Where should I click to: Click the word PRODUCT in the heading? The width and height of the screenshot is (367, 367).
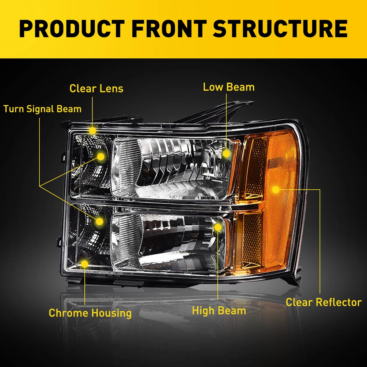72,29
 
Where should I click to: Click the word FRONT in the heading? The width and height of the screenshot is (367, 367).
169,29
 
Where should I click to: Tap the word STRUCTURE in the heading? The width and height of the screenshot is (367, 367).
280,29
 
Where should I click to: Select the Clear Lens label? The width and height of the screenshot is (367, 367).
96,88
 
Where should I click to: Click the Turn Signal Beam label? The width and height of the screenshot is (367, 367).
42,109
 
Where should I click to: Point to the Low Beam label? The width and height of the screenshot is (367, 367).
229,87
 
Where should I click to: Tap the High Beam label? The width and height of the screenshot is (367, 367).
219,311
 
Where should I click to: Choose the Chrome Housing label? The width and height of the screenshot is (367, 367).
90,313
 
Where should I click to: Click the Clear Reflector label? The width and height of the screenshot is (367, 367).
324,302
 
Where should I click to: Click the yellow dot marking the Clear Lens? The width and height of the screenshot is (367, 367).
92,131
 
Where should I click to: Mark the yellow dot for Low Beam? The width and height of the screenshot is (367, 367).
226,154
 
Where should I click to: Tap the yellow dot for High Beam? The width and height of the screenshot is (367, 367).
218,227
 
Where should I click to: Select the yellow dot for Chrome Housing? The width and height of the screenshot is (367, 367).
84,264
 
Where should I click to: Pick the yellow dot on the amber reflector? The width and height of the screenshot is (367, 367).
276,190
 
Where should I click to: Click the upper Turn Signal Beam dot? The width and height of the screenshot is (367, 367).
101,157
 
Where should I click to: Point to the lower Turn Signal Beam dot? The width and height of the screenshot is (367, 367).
99,221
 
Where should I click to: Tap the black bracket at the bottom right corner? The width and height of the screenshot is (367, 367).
294,277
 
